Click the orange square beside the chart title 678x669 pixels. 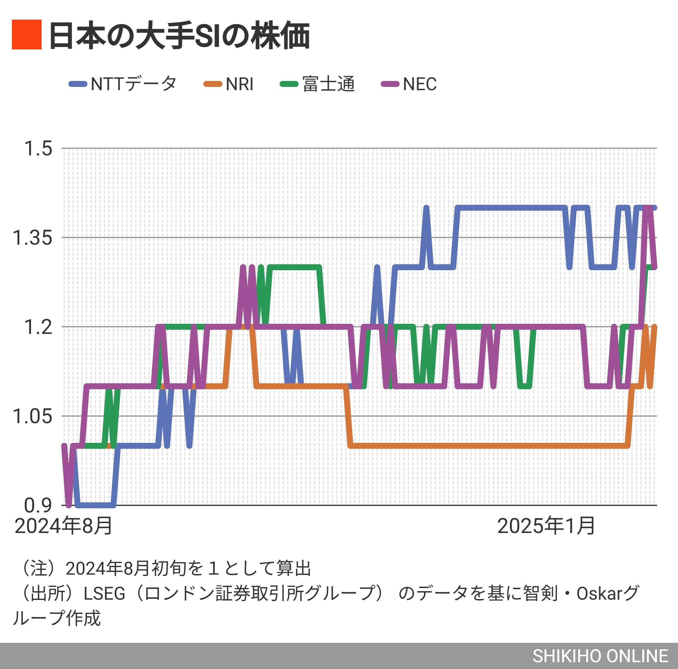27,35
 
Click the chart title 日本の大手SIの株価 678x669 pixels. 179,35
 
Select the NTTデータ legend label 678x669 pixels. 133,84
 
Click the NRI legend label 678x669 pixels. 239,84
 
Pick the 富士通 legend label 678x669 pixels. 329,84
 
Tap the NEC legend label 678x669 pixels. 419,84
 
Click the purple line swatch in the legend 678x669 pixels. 390,84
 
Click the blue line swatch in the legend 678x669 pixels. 78,84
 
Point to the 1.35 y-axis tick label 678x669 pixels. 32,237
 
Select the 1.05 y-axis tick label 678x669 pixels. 32,416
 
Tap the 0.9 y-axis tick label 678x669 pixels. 38,505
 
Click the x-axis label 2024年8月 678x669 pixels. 64,526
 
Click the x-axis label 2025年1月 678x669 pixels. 546,526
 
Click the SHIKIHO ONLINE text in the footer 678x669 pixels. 600,656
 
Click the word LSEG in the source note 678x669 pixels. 104,593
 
